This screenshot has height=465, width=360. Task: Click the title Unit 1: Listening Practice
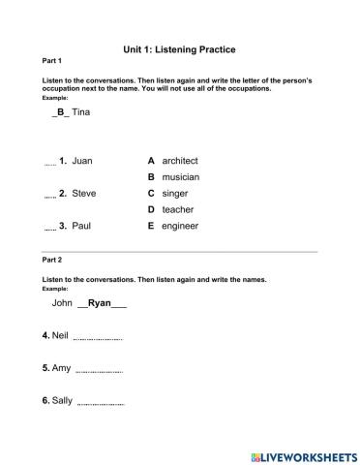[180, 48]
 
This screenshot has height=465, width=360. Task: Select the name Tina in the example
[81, 112]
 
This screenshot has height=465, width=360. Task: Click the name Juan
[82, 160]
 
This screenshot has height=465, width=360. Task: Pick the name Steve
[84, 193]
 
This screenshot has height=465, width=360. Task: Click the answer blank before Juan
[50, 162]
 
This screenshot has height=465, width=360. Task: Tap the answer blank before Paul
[50, 228]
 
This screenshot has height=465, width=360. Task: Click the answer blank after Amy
[99, 370]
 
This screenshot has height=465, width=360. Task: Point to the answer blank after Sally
[101, 402]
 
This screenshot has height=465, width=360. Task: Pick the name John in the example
[62, 303]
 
